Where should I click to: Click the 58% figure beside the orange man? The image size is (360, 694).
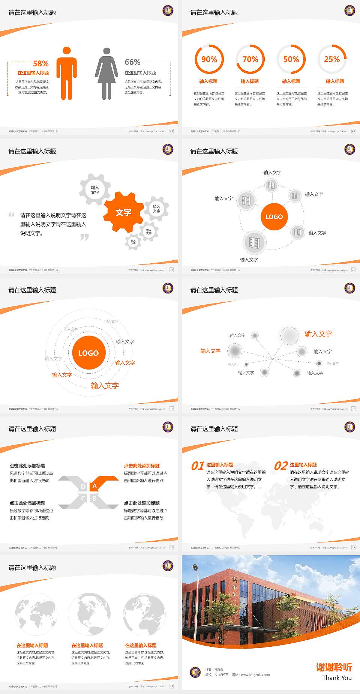[x=40, y=63]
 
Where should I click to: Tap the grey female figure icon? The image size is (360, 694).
[x=107, y=74]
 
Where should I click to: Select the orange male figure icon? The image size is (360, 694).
[x=67, y=74]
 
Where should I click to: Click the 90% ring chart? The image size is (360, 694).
[x=209, y=59]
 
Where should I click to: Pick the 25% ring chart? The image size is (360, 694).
[x=332, y=59]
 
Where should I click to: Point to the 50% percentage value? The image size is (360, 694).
[x=291, y=59]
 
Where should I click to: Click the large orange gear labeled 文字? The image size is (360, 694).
[x=123, y=212]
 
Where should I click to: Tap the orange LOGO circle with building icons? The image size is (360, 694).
[x=274, y=217]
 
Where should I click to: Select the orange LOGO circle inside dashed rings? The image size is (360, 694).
[x=88, y=353]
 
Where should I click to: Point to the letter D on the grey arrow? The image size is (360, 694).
[x=83, y=487]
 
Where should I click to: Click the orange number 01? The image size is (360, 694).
[x=198, y=466]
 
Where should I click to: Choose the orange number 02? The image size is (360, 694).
[x=281, y=466]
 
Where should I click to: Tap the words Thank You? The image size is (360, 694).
[x=337, y=678]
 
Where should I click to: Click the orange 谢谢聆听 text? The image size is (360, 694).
[x=334, y=667]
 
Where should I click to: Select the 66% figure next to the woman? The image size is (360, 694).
[x=132, y=62]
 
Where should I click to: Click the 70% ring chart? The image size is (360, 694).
[x=250, y=59]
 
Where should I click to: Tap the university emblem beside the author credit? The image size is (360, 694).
[x=195, y=672]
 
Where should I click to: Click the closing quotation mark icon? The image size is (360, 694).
[x=85, y=237]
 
